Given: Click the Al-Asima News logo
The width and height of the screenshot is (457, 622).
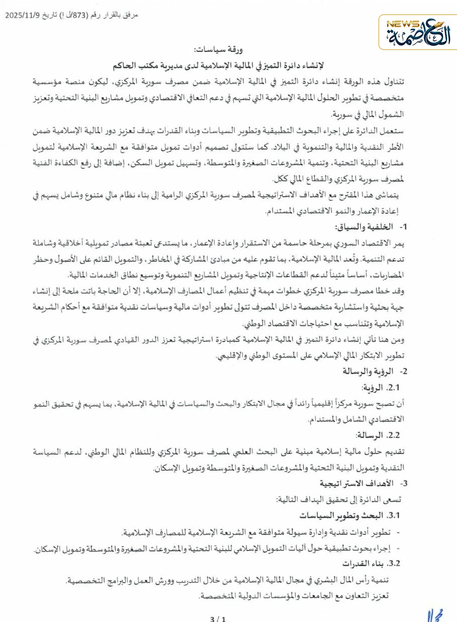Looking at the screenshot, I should click(418, 33).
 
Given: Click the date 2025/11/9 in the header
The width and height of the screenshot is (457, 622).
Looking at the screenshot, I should click(22, 15).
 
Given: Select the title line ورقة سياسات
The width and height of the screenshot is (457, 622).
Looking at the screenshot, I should click(218, 50).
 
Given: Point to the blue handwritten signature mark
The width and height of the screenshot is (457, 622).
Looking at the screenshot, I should click(436, 615).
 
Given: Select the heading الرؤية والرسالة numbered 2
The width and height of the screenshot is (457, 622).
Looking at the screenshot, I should click(368, 371).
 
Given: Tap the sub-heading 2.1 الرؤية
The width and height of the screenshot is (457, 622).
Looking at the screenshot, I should click(380, 387).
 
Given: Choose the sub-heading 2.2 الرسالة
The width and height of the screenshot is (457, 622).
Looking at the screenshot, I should click(377, 435).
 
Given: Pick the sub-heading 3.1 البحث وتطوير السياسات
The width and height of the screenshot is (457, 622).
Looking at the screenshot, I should click(350, 516).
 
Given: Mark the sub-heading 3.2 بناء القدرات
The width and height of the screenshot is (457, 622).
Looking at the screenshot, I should click(371, 564).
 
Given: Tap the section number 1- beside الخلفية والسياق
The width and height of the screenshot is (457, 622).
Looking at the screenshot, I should click(403, 227).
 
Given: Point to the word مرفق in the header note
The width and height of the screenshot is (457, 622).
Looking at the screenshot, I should click(130, 15).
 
